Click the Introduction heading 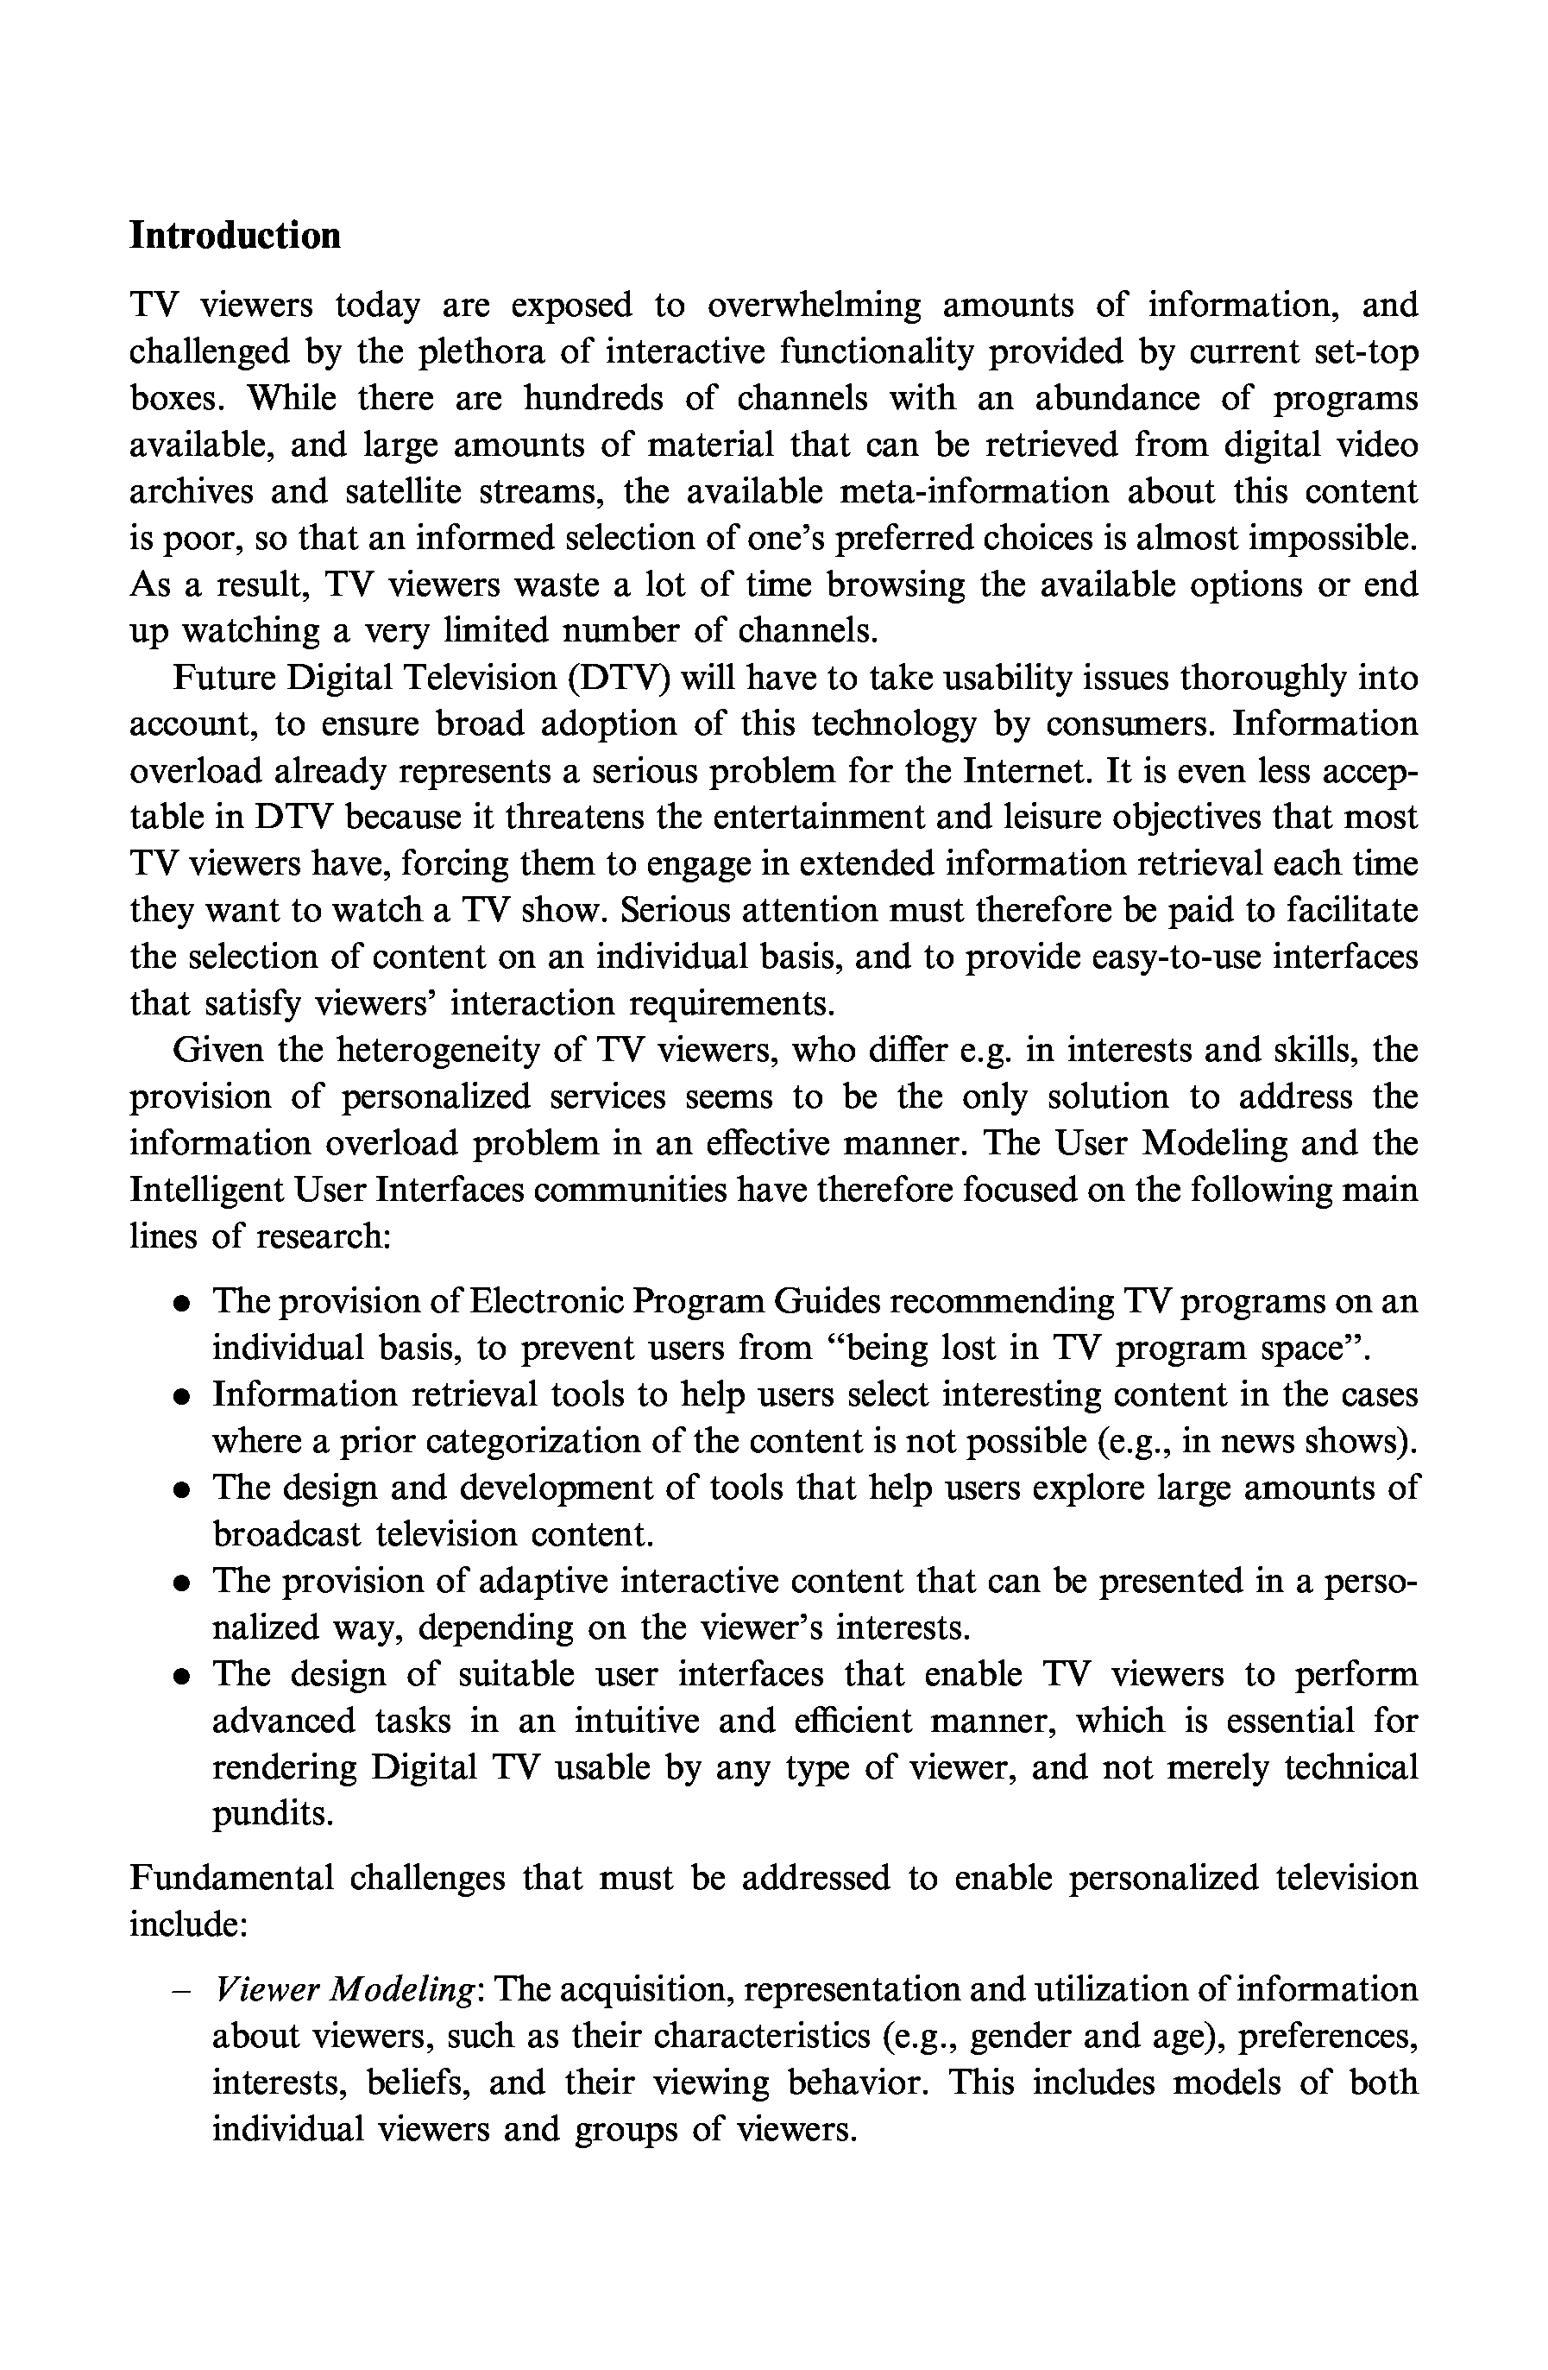(x=235, y=236)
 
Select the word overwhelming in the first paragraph (x=815, y=305)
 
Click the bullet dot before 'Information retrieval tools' (x=181, y=1396)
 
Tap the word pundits (x=272, y=1813)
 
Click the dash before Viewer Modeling (x=181, y=1991)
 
